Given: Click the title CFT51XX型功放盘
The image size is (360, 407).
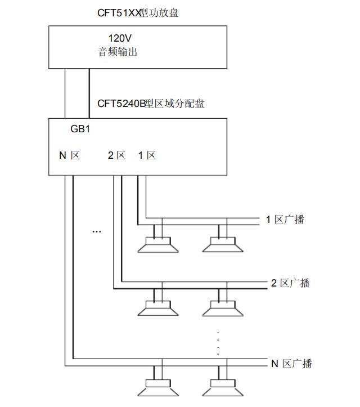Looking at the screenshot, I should tap(138, 12).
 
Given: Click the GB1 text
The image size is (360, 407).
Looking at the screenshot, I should tap(80, 129).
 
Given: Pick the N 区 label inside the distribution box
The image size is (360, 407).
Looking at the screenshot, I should tap(70, 155).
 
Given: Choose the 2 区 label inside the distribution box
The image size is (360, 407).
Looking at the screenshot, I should tap(117, 155).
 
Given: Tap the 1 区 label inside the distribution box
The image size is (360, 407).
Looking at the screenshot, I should tap(147, 155).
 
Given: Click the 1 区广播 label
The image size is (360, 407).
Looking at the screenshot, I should tap(285, 220).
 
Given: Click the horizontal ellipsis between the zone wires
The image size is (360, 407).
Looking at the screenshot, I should tap(96, 231).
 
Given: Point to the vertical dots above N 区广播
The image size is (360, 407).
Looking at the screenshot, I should tap(218, 342).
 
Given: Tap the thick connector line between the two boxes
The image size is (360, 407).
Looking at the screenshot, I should tap(89, 93).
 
